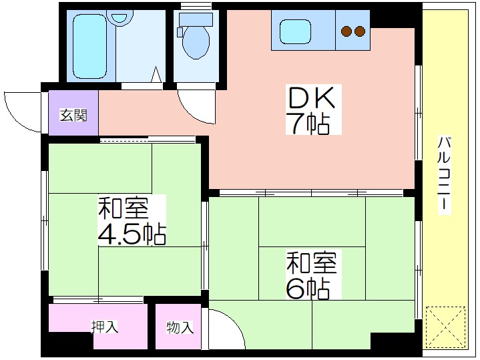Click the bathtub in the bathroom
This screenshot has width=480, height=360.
(90, 46)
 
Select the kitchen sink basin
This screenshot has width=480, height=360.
(296, 31)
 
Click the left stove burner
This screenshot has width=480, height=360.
(346, 31)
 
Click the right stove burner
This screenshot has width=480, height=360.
(360, 31)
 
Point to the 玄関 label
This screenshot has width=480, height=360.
(73, 115)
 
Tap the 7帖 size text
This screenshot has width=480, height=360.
(308, 124)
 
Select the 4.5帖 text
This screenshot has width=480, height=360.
(132, 234)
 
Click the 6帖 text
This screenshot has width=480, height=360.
(308, 289)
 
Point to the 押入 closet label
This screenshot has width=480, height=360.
(105, 327)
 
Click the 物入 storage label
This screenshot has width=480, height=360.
(180, 327)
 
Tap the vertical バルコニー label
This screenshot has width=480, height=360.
(445, 174)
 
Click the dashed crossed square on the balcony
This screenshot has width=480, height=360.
(445, 326)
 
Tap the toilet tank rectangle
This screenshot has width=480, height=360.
(196, 19)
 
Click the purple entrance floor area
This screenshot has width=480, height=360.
(73, 112)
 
